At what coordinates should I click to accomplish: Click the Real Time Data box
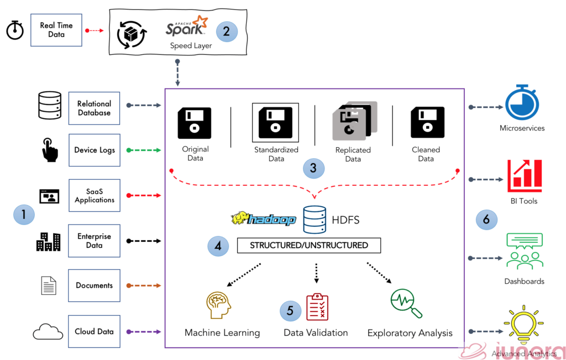point(56,30)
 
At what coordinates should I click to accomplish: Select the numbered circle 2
point(227,31)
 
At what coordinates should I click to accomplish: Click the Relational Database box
point(94,108)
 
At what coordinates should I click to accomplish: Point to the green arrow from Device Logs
point(144,150)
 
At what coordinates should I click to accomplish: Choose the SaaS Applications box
point(94,195)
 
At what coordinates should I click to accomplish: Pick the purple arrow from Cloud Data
point(144,332)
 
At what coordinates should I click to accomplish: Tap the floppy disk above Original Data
point(195,123)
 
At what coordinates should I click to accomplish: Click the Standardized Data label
point(276,154)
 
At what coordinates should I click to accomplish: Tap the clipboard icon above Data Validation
point(317,307)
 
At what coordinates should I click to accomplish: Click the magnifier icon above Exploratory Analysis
point(406,304)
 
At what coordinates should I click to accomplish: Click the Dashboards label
point(524,281)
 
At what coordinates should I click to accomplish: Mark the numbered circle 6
point(486,220)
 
